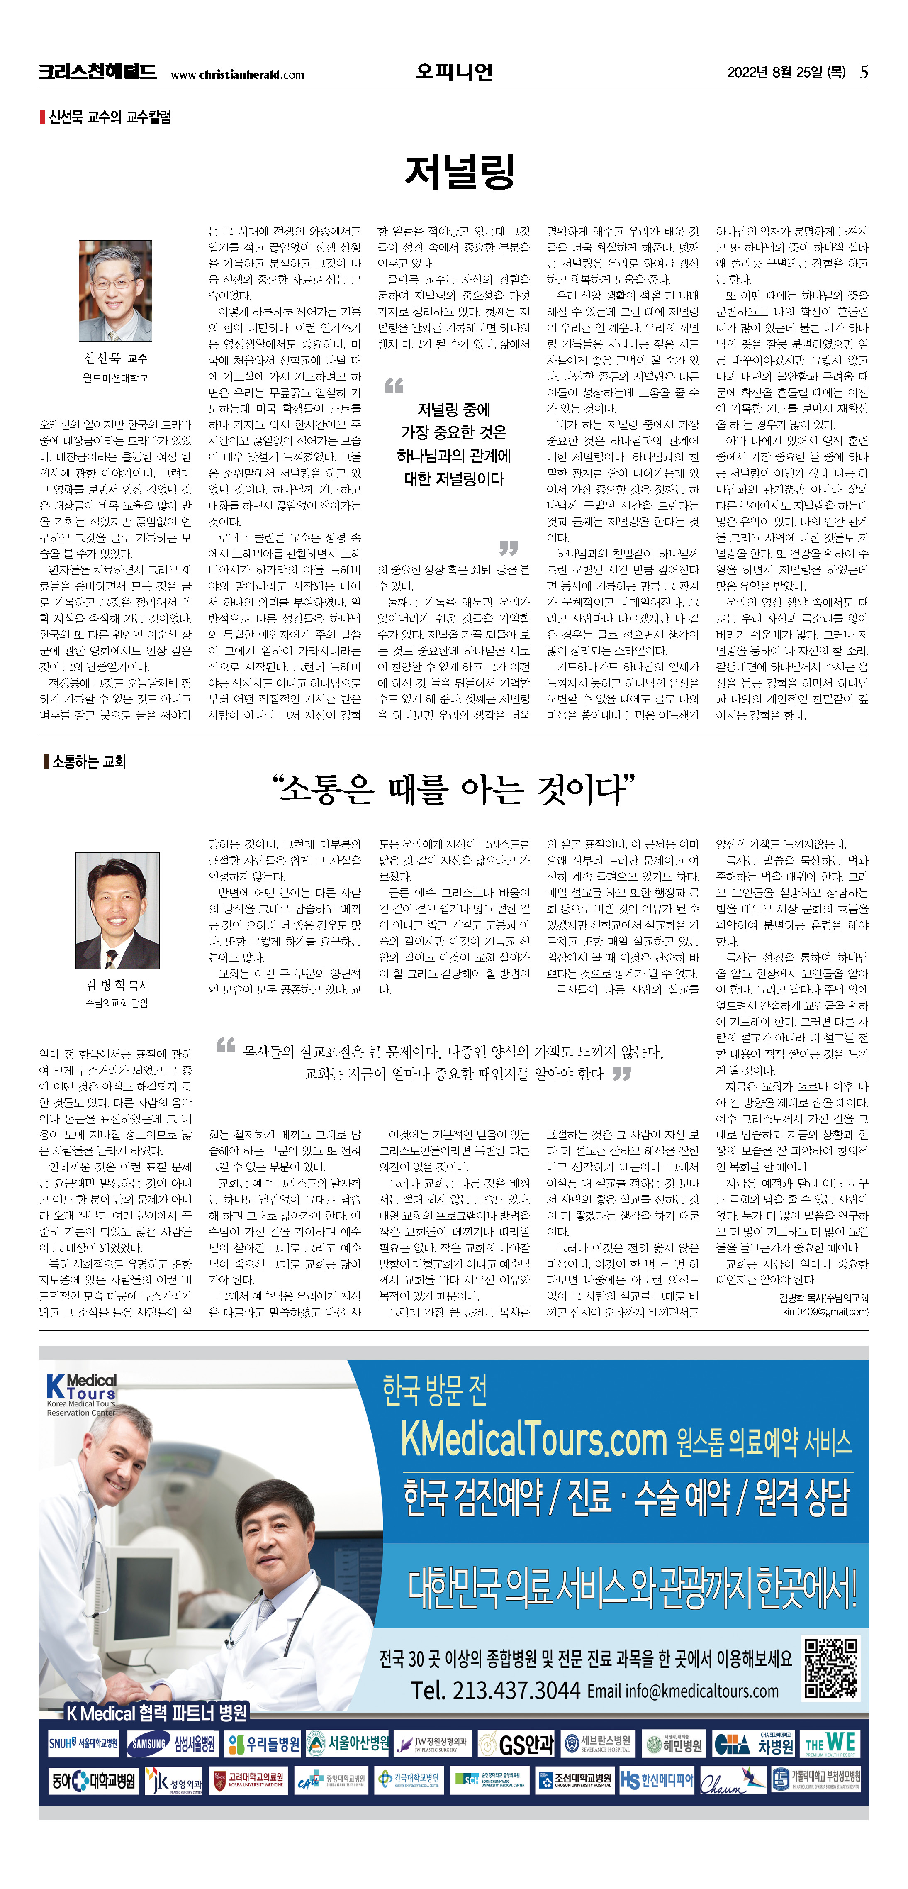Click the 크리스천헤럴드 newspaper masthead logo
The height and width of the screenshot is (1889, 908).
click(x=97, y=72)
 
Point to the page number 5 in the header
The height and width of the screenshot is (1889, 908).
click(x=864, y=72)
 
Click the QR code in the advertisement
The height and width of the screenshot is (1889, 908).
click(x=831, y=1668)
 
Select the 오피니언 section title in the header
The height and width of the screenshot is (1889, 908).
click(x=454, y=72)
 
